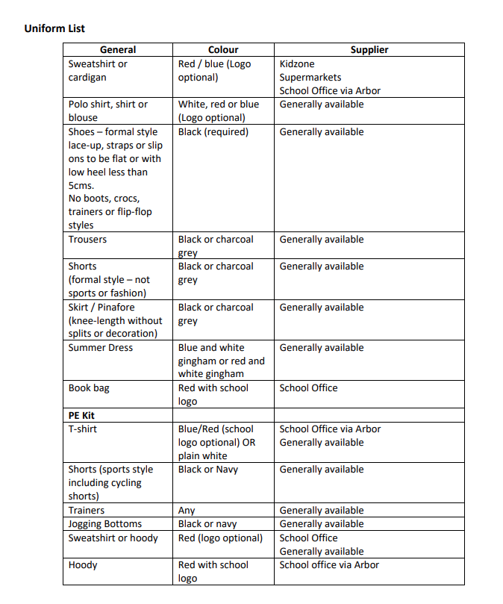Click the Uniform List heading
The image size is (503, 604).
click(x=54, y=28)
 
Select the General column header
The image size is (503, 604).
click(x=118, y=50)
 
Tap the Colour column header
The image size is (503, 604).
click(x=223, y=50)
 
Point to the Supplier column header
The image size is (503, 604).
click(x=369, y=50)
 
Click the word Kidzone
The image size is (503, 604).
click(x=297, y=64)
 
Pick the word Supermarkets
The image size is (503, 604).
click(x=310, y=78)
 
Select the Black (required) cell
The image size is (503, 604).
click(x=213, y=132)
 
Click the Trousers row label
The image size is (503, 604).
click(x=87, y=240)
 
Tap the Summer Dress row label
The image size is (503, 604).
click(x=101, y=348)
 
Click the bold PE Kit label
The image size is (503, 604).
click(x=81, y=415)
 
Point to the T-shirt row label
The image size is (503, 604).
click(x=83, y=429)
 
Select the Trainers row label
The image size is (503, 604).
click(x=87, y=511)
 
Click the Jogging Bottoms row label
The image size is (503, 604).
click(x=105, y=524)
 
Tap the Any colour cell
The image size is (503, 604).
click(x=187, y=511)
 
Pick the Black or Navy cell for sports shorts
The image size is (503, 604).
click(x=208, y=470)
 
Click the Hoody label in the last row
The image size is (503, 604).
click(x=83, y=565)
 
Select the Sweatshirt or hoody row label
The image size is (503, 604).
click(x=113, y=538)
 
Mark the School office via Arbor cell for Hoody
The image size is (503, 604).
click(x=329, y=565)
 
